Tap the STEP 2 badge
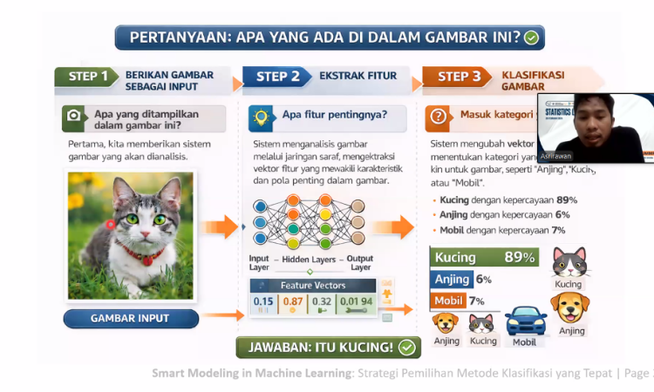[278, 77]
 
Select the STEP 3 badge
[459, 77]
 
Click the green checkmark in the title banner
[531, 37]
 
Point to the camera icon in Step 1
[75, 115]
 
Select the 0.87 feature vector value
[293, 301]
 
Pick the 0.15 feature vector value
[263, 301]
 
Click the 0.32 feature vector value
[322, 301]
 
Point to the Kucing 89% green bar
[484, 257]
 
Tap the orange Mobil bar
[446, 301]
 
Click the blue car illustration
[524, 321]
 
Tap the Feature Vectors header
[313, 285]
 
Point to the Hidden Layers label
[310, 259]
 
